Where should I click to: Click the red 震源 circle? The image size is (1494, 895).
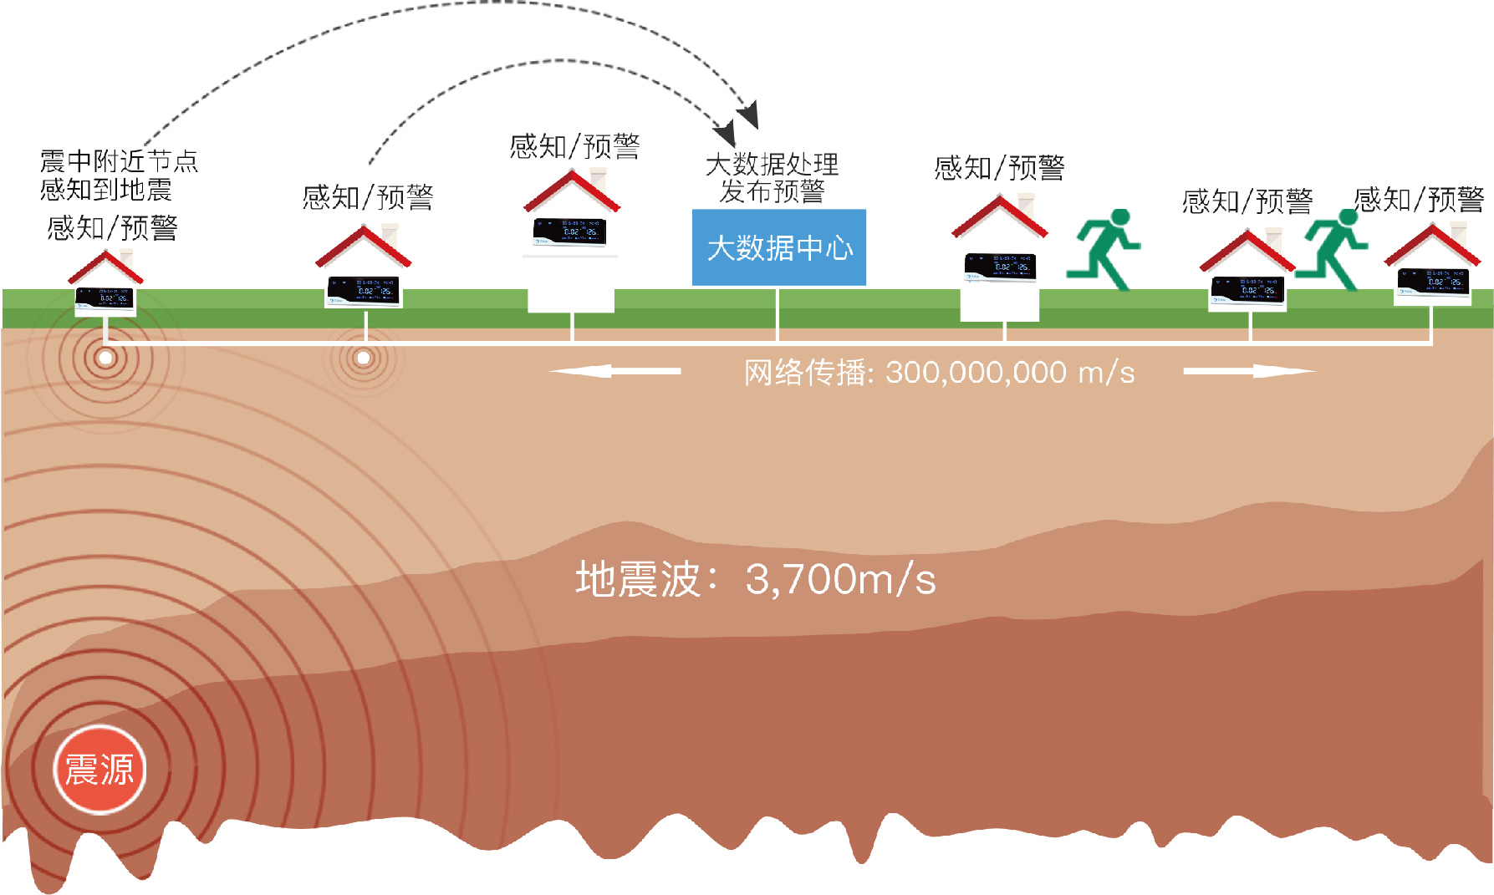[99, 770]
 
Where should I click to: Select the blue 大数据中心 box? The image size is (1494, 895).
[779, 247]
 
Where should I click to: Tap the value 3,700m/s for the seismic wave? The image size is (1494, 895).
[840, 579]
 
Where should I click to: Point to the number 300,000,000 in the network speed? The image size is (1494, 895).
[976, 373]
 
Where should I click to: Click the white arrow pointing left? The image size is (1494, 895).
[614, 371]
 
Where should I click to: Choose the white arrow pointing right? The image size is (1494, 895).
[1249, 371]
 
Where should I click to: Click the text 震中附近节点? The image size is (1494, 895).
[119, 160]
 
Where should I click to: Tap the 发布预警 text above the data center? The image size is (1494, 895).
[772, 191]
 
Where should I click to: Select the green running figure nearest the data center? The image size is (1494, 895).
[1104, 249]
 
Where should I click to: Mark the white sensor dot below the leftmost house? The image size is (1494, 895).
[105, 359]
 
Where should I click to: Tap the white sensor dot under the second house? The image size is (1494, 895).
[363, 359]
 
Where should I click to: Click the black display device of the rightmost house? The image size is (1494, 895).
[1433, 281]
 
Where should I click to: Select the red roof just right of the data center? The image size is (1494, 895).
[1000, 216]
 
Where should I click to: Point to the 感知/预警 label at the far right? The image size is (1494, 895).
[1419, 200]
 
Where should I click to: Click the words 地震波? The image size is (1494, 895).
[638, 579]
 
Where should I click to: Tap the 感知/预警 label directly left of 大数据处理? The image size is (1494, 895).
[574, 147]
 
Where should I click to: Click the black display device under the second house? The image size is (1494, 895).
[364, 290]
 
